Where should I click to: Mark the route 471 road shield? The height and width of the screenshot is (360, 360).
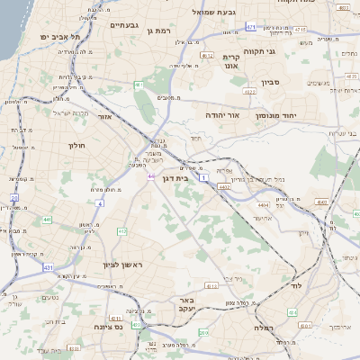[x=251, y=27]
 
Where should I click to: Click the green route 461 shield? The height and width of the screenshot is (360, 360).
[x=139, y=85]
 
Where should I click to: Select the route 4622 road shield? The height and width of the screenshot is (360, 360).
[x=207, y=56]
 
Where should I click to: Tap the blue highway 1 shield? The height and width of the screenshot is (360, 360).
[x=204, y=179]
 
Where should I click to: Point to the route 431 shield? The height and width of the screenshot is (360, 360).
[x=48, y=267]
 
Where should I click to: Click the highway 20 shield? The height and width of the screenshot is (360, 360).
[x=14, y=197]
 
